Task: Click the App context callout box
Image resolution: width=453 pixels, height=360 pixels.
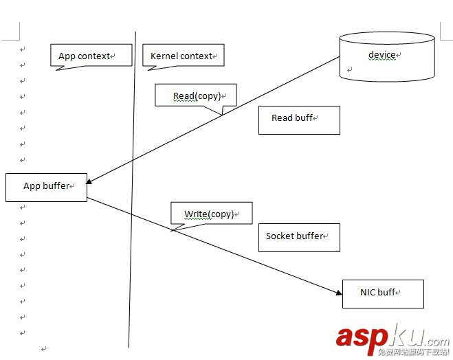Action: pos(91,56)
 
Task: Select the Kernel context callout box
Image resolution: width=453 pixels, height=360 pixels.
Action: pos(183,56)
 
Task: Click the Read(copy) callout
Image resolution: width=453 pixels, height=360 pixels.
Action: pos(196,95)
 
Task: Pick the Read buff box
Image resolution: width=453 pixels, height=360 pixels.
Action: pos(299,120)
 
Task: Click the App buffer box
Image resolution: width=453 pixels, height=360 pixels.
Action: pos(46,187)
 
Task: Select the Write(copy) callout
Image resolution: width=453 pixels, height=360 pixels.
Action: pos(212,213)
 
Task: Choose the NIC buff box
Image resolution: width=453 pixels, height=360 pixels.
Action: pos(383,293)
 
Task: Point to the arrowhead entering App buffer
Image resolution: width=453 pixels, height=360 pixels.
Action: pos(90,182)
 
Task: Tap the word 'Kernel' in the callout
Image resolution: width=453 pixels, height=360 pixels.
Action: pos(164,56)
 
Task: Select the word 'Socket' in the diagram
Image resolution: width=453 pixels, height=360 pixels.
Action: pos(280,236)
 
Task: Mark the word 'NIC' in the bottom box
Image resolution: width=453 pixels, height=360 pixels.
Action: pos(368,293)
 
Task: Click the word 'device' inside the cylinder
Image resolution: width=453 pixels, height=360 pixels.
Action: pos(382,54)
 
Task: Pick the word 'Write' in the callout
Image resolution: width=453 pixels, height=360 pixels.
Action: pos(196,214)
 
